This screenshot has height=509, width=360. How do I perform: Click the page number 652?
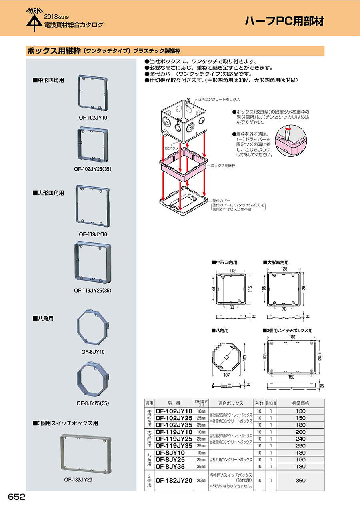pos(16,497)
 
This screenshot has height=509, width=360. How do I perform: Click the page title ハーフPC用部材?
pos(284,21)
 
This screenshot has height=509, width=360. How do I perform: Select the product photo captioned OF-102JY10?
pos(93,92)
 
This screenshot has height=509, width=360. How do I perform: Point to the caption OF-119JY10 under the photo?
pos(93,234)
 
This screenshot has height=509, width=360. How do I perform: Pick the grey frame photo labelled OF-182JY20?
pos(86,454)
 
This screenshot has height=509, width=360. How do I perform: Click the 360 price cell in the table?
pos(300,480)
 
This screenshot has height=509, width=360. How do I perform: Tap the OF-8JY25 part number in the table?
pos(170,459)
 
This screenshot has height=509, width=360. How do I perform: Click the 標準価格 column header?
pos(300,403)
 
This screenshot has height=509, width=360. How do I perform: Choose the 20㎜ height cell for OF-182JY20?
pos(201,481)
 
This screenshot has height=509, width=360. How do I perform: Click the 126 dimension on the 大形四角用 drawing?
pos(284,269)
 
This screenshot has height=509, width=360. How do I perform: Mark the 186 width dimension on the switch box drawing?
pos(292,337)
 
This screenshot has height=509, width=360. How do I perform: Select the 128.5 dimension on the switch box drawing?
pos(320,357)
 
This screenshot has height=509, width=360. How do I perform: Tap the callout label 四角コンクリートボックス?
pos(219,99)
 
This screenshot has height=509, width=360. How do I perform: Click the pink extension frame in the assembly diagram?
pos(184,164)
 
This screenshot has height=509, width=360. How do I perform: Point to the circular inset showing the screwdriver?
pos(291,140)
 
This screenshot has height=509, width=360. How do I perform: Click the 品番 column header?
pos(174,403)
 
